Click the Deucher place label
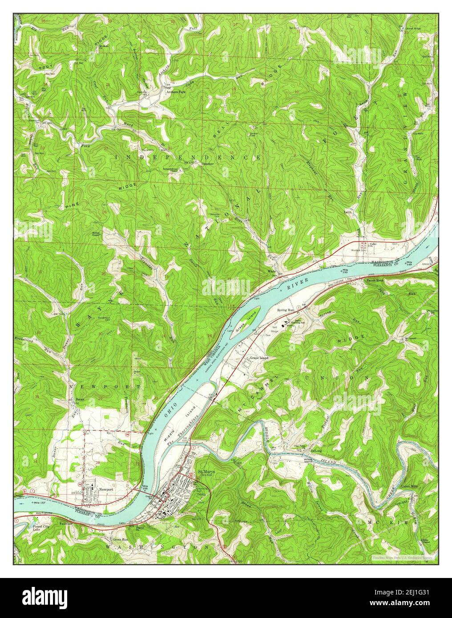208,164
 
